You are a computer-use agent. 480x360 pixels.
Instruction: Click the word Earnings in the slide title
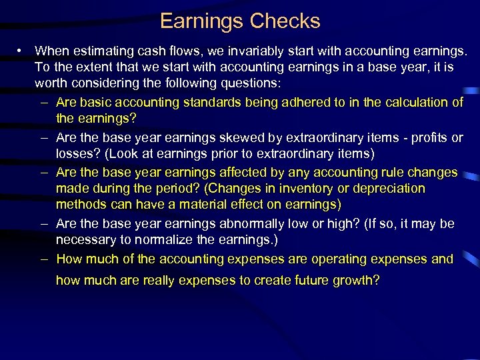click(202, 21)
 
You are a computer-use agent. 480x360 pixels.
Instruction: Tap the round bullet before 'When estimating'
click(21, 51)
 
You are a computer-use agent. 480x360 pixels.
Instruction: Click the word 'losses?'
click(76, 154)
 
